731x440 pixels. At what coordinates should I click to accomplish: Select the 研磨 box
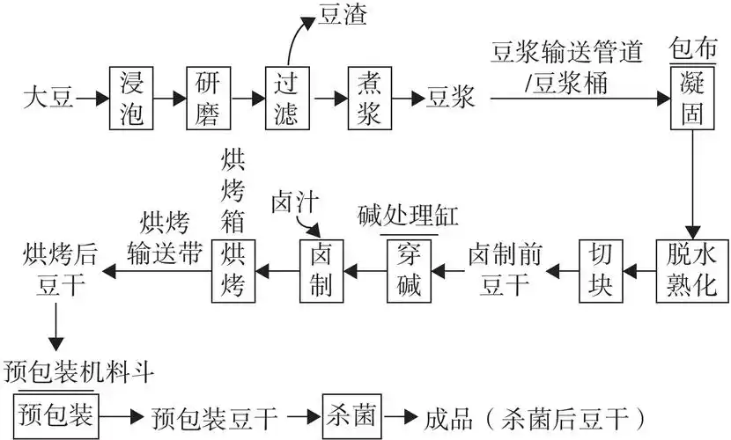click(x=208, y=98)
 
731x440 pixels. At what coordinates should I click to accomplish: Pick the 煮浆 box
click(x=369, y=98)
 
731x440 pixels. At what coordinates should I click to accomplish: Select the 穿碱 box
click(x=410, y=270)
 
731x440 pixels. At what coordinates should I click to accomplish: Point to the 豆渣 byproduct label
click(x=341, y=16)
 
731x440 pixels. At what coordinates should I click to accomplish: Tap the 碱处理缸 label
click(x=410, y=216)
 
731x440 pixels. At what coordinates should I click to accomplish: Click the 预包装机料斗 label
click(x=79, y=371)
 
